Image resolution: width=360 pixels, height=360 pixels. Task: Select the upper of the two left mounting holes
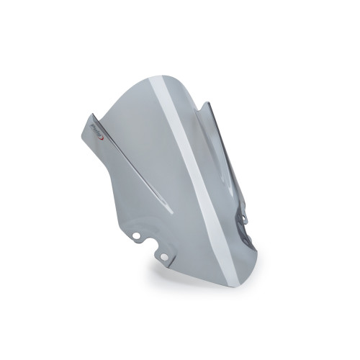(136, 234)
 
